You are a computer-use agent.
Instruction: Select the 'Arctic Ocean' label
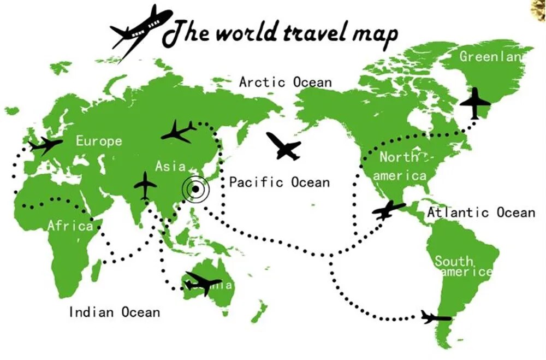(285, 82)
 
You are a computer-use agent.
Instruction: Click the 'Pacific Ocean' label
(279, 182)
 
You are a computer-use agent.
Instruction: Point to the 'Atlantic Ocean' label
(480, 212)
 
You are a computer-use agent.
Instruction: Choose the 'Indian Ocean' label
(114, 312)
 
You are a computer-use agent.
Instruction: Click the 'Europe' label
(99, 141)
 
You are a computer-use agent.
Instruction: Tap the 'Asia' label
(170, 166)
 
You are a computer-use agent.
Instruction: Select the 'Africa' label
(70, 225)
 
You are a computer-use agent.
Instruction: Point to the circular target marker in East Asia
(195, 189)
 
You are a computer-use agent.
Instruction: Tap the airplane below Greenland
(476, 103)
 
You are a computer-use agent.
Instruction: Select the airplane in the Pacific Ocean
(283, 146)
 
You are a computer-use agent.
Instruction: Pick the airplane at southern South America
(436, 317)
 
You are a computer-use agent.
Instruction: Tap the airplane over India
(145, 186)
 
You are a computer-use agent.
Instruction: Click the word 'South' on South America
(454, 261)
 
